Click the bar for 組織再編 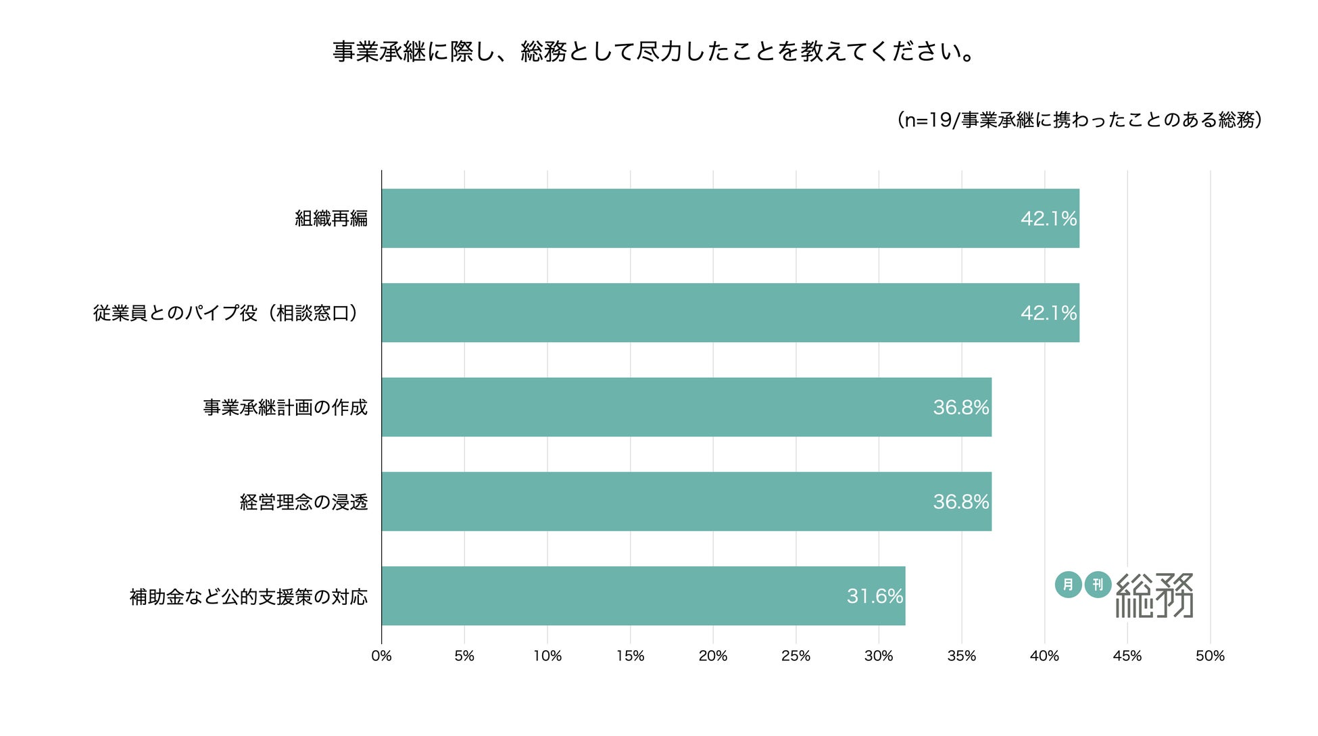[730, 218]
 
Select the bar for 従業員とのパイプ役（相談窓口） [730, 313]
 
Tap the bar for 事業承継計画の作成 [686, 407]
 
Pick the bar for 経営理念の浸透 [686, 501]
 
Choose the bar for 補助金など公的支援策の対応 [642, 596]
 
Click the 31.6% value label [875, 596]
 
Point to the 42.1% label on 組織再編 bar [1048, 218]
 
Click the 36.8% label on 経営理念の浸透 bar [960, 501]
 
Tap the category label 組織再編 [331, 218]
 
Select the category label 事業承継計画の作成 [285, 408]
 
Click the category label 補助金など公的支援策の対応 [249, 597]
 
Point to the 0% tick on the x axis [381, 656]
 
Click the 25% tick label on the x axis [796, 656]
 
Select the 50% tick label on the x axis [1210, 656]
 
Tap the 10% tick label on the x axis [547, 656]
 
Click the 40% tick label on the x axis [1044, 656]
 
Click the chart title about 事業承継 [654, 51]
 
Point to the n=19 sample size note [1079, 120]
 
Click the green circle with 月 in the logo [1068, 584]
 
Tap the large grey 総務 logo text [1154, 595]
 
